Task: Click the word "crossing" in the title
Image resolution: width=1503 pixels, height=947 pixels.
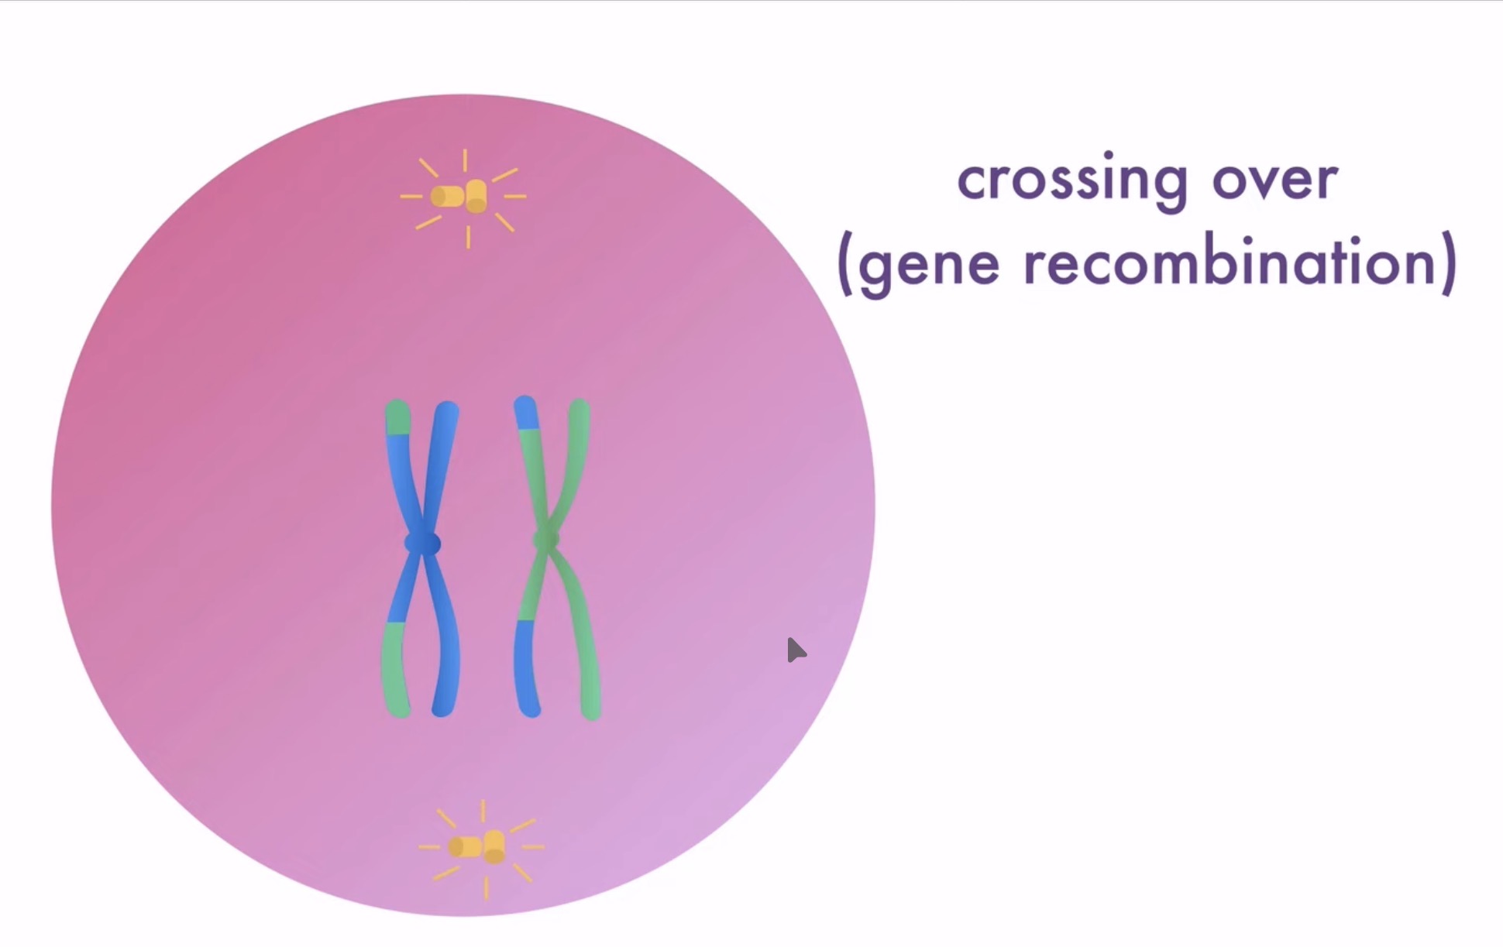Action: point(1072,180)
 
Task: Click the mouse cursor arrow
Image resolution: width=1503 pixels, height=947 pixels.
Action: point(795,650)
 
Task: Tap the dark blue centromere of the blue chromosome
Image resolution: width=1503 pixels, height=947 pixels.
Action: point(422,544)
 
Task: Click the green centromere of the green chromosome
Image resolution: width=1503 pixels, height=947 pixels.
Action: point(546,540)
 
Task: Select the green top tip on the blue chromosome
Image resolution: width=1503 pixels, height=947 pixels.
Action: point(397,417)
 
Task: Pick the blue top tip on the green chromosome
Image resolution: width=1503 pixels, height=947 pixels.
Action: point(526,412)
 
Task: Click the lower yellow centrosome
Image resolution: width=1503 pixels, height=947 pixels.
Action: point(479,846)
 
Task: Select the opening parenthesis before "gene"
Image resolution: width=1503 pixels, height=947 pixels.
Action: point(845,265)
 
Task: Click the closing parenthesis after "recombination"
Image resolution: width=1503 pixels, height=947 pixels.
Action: point(1449,265)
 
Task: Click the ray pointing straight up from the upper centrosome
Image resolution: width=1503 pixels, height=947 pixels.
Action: point(465,160)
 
